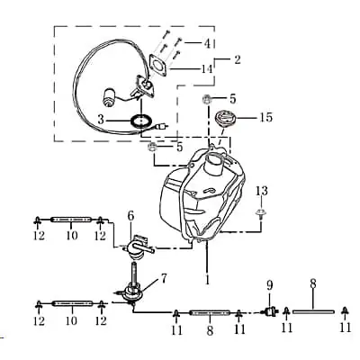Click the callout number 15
266,117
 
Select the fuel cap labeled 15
227,118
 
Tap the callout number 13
262,191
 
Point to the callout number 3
101,120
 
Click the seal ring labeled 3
141,121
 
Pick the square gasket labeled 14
158,65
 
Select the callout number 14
206,69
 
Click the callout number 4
207,43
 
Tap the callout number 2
237,59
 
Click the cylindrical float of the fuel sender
110,96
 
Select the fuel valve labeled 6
134,247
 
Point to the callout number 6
130,216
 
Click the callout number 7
163,279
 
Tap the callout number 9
269,285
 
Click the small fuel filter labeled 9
270,311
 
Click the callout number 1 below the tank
207,280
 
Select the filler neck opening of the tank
215,157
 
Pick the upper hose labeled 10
71,220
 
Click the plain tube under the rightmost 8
313,311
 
